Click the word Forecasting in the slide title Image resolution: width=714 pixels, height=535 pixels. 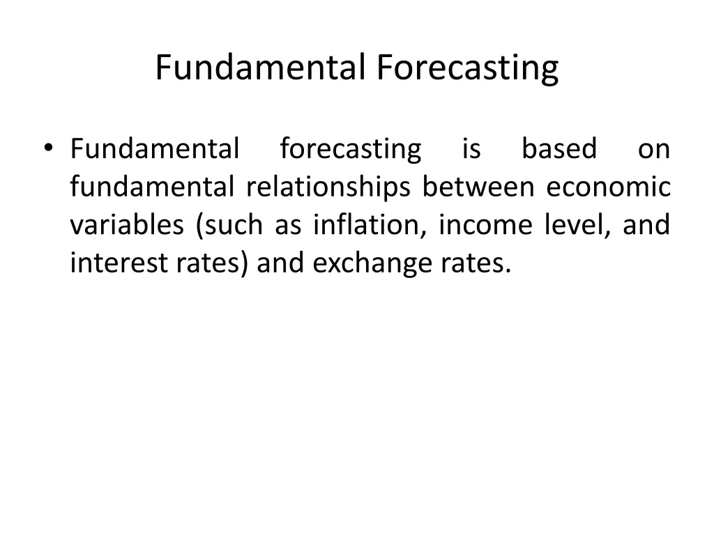[468, 68]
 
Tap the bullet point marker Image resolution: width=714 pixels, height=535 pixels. [47, 148]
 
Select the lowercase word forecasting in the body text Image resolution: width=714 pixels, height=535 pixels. [350, 149]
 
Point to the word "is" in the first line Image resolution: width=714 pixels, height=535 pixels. [471, 149]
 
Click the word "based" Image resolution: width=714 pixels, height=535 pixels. [559, 149]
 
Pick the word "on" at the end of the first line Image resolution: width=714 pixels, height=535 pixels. [653, 149]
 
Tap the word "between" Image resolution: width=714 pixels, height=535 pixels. [478, 187]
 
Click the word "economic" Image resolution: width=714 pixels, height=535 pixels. [608, 187]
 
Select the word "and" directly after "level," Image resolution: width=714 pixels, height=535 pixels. [646, 226]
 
